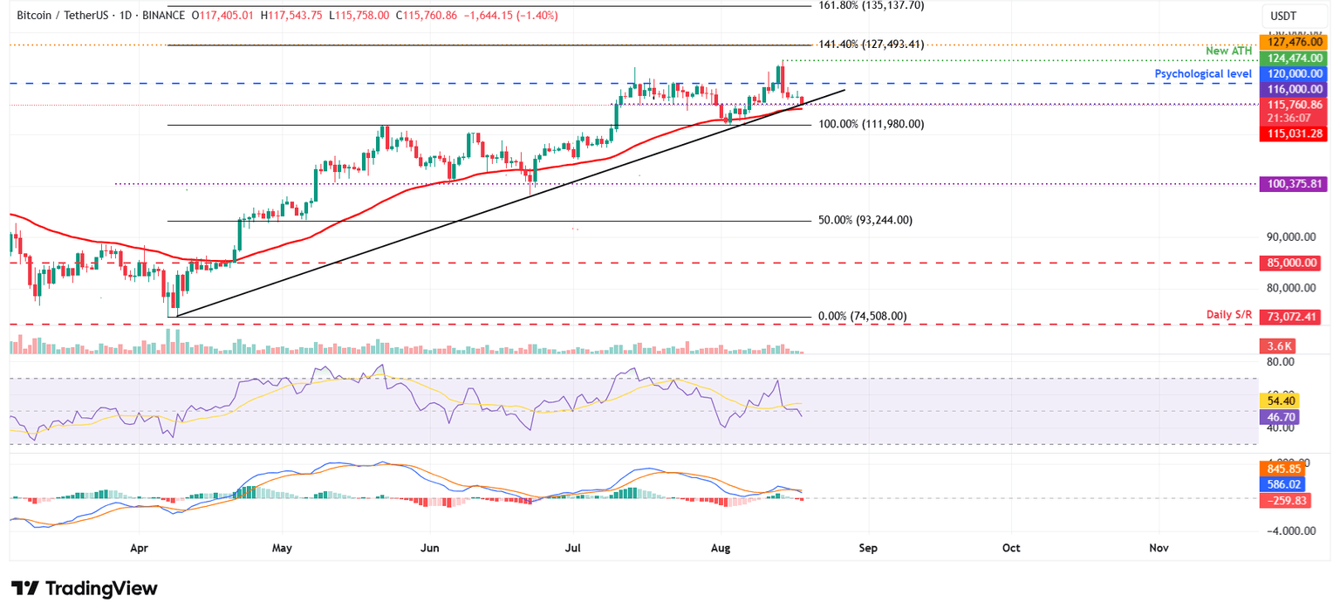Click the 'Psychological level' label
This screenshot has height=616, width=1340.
(x=1203, y=74)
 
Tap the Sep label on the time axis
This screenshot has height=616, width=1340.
(x=866, y=548)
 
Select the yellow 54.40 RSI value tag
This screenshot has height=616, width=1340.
(x=1281, y=400)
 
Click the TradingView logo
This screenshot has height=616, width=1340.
(x=85, y=588)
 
